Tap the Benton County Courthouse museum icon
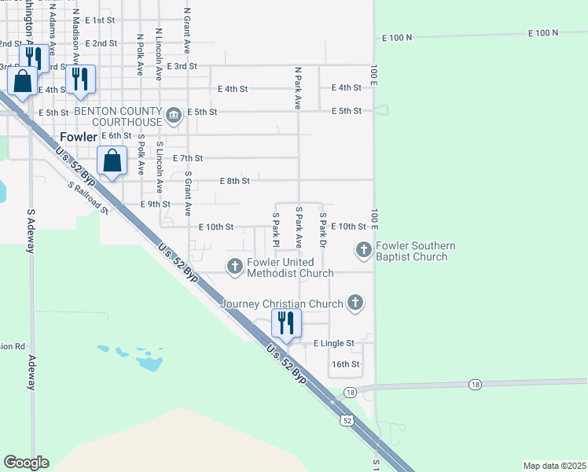pyautogui.click(x=173, y=116)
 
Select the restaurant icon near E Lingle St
pyautogui.click(x=286, y=323)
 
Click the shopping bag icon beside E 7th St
pyautogui.click(x=113, y=160)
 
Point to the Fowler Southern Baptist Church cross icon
pyautogui.click(x=363, y=250)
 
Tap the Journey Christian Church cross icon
pyautogui.click(x=355, y=303)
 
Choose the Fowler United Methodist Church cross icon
pyautogui.click(x=234, y=267)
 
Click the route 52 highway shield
pyautogui.click(x=347, y=421)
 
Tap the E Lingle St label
pyautogui.click(x=334, y=344)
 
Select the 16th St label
pyautogui.click(x=345, y=364)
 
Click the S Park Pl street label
pyautogui.click(x=276, y=227)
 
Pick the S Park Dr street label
pyautogui.click(x=322, y=227)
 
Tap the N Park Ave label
pyautogui.click(x=298, y=87)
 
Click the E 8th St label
pyautogui.click(x=234, y=181)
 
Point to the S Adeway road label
pyautogui.click(x=31, y=230)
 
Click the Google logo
pyautogui.click(x=26, y=463)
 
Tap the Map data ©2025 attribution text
pyautogui.click(x=554, y=466)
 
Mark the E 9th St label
pyautogui.click(x=155, y=205)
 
